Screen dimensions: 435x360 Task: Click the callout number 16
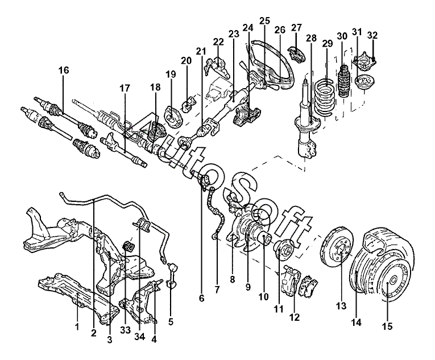[64, 70]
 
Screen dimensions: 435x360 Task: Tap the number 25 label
[264, 21]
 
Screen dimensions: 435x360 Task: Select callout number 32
[372, 35]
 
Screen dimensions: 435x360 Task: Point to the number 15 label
[387, 326]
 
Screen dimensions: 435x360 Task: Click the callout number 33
[126, 330]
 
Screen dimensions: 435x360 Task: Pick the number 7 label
[217, 289]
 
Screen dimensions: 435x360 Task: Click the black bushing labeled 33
[129, 246]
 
